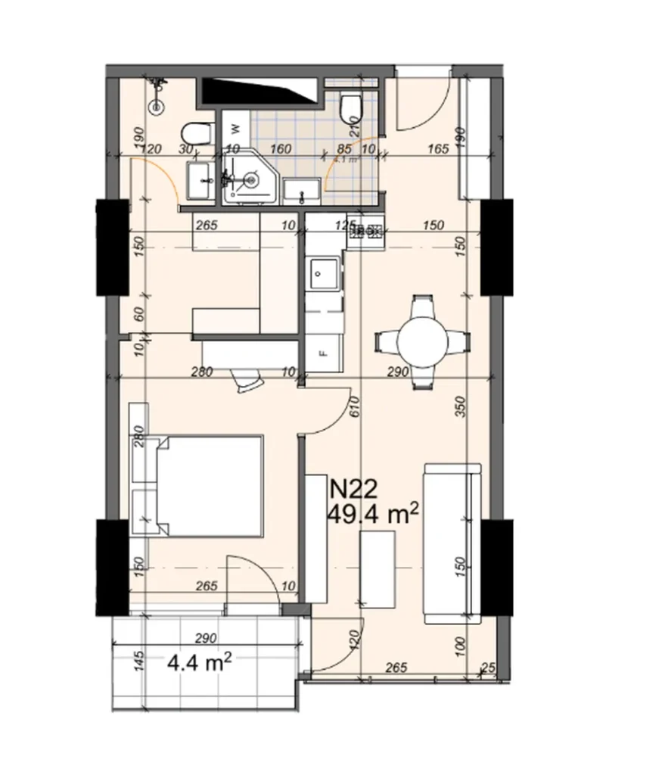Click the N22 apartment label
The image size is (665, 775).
pos(352,490)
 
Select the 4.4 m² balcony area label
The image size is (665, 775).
pos(199,664)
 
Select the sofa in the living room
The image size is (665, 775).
pos(452,543)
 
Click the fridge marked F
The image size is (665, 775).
pos(324,351)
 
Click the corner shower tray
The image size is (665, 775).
pos(249,182)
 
